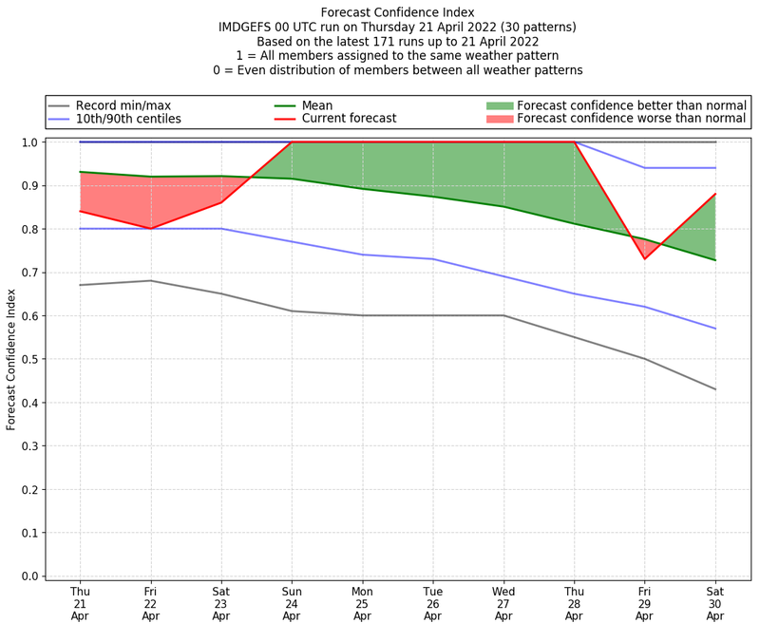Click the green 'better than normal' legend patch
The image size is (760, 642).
click(x=499, y=105)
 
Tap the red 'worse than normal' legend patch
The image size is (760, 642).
click(x=499, y=119)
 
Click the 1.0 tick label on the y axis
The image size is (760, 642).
click(x=28, y=142)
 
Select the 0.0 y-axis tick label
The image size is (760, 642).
click(x=28, y=576)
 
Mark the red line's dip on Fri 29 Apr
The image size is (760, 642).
click(x=645, y=258)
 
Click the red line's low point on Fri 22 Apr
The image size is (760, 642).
click(x=150, y=228)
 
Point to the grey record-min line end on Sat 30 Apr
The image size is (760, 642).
click(x=715, y=389)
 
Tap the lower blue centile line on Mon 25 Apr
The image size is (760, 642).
click(x=362, y=255)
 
